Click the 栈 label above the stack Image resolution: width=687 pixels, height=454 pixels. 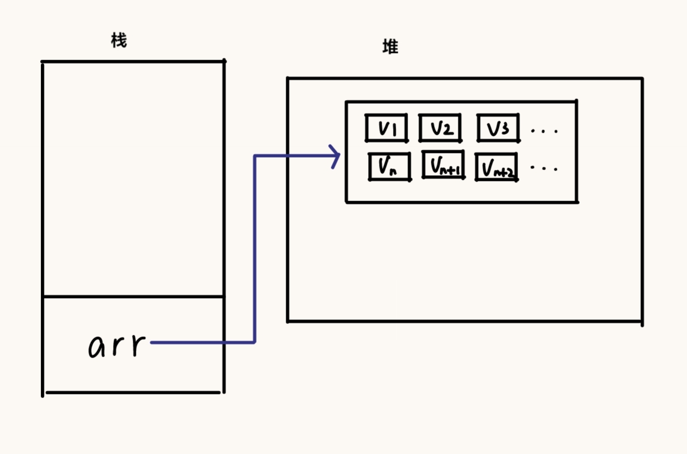pyautogui.click(x=119, y=40)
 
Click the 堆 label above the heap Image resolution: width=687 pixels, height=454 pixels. pyautogui.click(x=390, y=47)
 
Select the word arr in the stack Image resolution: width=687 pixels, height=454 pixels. pyautogui.click(x=117, y=345)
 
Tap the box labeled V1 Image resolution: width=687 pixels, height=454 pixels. pyautogui.click(x=386, y=128)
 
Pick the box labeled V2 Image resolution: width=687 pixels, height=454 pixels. pyautogui.click(x=440, y=128)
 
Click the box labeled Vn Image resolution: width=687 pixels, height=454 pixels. pyautogui.click(x=389, y=166)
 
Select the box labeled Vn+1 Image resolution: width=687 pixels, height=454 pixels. pyautogui.click(x=443, y=165)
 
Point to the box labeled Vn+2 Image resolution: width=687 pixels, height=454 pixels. pyautogui.click(x=496, y=167)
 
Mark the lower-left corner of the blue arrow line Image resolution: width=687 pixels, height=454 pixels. pyautogui.click(x=254, y=342)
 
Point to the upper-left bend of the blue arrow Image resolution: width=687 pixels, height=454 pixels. pyautogui.click(x=255, y=155)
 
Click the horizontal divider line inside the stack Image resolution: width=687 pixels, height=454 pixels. pyautogui.click(x=133, y=296)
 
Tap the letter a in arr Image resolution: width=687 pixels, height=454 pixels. pyautogui.click(x=99, y=347)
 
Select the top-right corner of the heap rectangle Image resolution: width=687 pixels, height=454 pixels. pyautogui.click(x=642, y=79)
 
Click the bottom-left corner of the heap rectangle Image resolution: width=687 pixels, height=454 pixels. pyautogui.click(x=288, y=321)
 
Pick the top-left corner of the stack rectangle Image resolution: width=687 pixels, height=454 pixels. pyautogui.click(x=43, y=62)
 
